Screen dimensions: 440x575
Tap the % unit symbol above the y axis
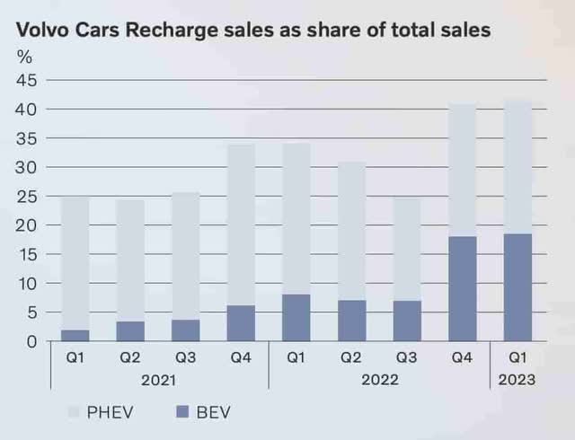[x=24, y=57]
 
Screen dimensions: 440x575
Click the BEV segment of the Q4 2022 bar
[x=462, y=289]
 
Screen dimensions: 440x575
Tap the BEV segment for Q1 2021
[x=75, y=336]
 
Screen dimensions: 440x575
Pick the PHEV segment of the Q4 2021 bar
[x=242, y=224]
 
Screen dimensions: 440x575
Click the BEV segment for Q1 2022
[x=296, y=318]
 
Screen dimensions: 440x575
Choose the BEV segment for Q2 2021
[x=130, y=331]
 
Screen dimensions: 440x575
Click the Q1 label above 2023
[x=517, y=357]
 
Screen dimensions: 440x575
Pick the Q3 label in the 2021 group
[x=186, y=357]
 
